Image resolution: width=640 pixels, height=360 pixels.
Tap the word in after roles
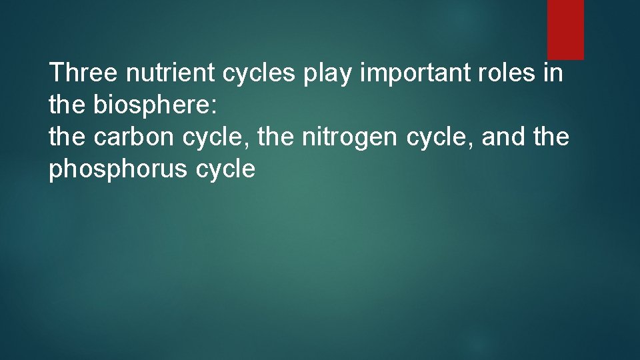555,73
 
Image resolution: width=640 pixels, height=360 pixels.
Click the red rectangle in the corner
565,29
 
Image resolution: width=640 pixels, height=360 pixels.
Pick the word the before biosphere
67,105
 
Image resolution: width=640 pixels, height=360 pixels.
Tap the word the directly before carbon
67,137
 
